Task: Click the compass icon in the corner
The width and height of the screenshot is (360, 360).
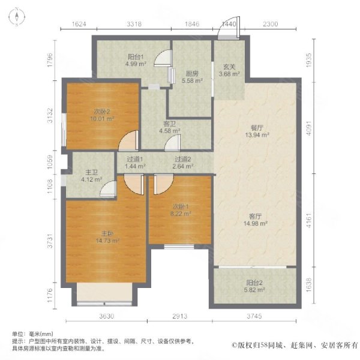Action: click(x=17, y=17)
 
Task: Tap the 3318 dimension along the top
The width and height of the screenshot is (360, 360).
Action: click(x=134, y=24)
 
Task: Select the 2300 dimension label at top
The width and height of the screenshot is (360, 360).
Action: click(x=270, y=24)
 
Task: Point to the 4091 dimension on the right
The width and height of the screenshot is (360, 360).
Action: click(x=309, y=128)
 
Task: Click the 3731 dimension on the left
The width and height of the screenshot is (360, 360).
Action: click(x=50, y=241)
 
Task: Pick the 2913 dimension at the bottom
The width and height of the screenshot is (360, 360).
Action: click(x=180, y=316)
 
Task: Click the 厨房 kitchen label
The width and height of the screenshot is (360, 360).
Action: click(x=192, y=74)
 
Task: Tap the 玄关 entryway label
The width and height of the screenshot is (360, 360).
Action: click(x=229, y=67)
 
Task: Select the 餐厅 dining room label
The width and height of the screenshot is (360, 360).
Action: click(x=257, y=128)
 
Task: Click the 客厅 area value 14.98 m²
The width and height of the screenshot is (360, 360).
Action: click(x=256, y=223)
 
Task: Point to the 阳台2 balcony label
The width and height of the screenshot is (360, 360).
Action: click(x=254, y=283)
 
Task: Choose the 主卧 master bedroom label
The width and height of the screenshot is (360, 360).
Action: click(x=107, y=234)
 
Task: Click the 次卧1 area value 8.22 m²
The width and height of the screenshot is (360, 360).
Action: click(x=181, y=214)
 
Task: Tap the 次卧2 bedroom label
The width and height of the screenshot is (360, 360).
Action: click(x=102, y=112)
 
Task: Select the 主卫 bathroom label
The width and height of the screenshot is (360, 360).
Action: click(x=91, y=172)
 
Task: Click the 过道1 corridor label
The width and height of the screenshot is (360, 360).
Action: click(x=135, y=159)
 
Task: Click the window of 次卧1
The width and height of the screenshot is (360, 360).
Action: click(x=179, y=247)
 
